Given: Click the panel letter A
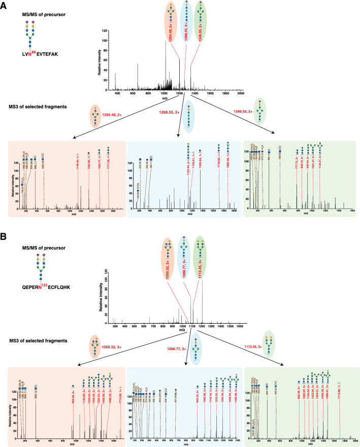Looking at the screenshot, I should [4, 5].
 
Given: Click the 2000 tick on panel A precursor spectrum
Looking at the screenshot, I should [241, 94].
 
